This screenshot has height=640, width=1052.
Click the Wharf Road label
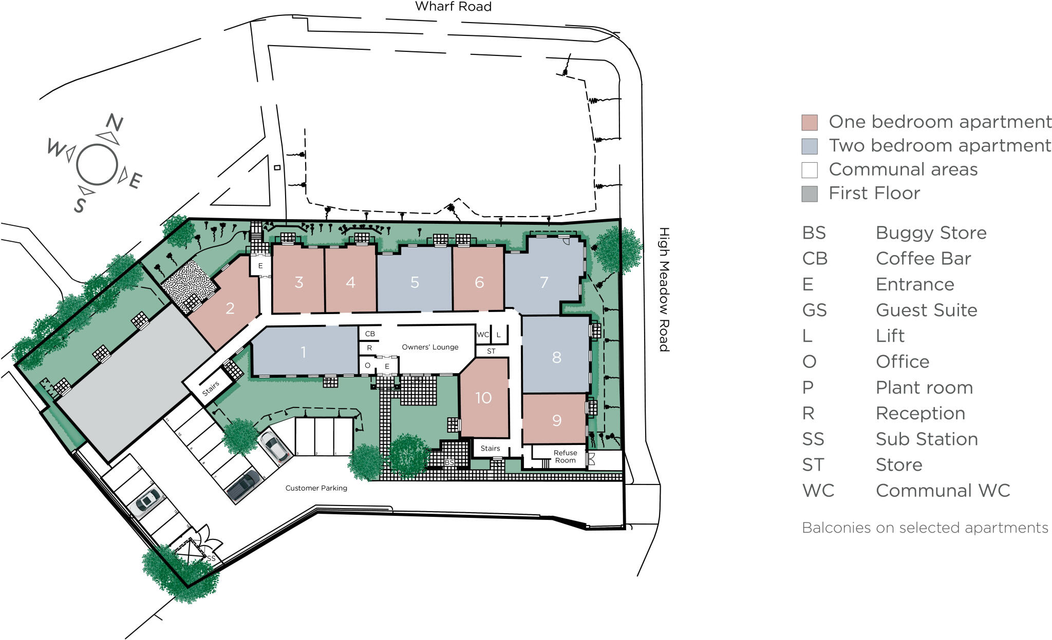coord(453,7)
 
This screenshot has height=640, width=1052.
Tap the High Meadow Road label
coord(664,289)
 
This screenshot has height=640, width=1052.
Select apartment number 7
coord(544,282)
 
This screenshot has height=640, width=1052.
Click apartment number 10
coord(483,398)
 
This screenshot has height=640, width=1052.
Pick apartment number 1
coord(304,352)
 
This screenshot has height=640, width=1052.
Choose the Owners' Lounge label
coord(430,347)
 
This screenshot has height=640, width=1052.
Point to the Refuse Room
coord(565,456)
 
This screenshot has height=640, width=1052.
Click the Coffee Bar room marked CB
coord(370,334)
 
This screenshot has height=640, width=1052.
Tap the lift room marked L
coord(498,335)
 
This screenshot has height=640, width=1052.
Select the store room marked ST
coord(491,351)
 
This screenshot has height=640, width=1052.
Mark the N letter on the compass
coord(114,123)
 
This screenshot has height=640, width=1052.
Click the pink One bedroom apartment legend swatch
coord(810,122)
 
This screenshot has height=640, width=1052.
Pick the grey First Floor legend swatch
coord(810,193)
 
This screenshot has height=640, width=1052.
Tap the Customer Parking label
coord(316,488)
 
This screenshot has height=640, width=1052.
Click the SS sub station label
coord(211,558)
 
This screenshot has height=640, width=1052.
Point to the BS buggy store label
coord(449,462)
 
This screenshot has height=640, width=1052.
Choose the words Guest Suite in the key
coord(926,310)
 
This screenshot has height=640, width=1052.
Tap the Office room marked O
coord(367,365)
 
